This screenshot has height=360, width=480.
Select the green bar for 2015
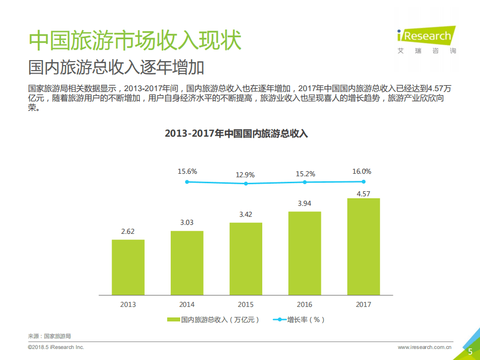coord(246,258)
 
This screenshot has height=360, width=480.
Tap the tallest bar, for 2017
coord(363,246)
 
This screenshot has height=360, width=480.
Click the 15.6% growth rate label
coord(187,171)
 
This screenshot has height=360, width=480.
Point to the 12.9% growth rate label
coord(246,175)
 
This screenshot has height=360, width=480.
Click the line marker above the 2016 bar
coord(305,182)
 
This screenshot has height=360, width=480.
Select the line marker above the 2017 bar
coord(363,181)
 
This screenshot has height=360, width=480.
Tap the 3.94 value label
coord(304,203)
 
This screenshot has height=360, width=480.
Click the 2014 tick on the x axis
coord(187,304)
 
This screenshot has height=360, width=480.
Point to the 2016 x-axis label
coord(304,304)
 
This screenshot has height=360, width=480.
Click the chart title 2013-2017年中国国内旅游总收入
coord(236,134)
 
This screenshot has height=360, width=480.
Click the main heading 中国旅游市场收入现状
coord(135,41)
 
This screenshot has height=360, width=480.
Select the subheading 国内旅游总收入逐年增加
coord(116,67)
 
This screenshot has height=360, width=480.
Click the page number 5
coord(470,351)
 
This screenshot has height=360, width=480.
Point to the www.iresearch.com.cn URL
coord(425,347)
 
